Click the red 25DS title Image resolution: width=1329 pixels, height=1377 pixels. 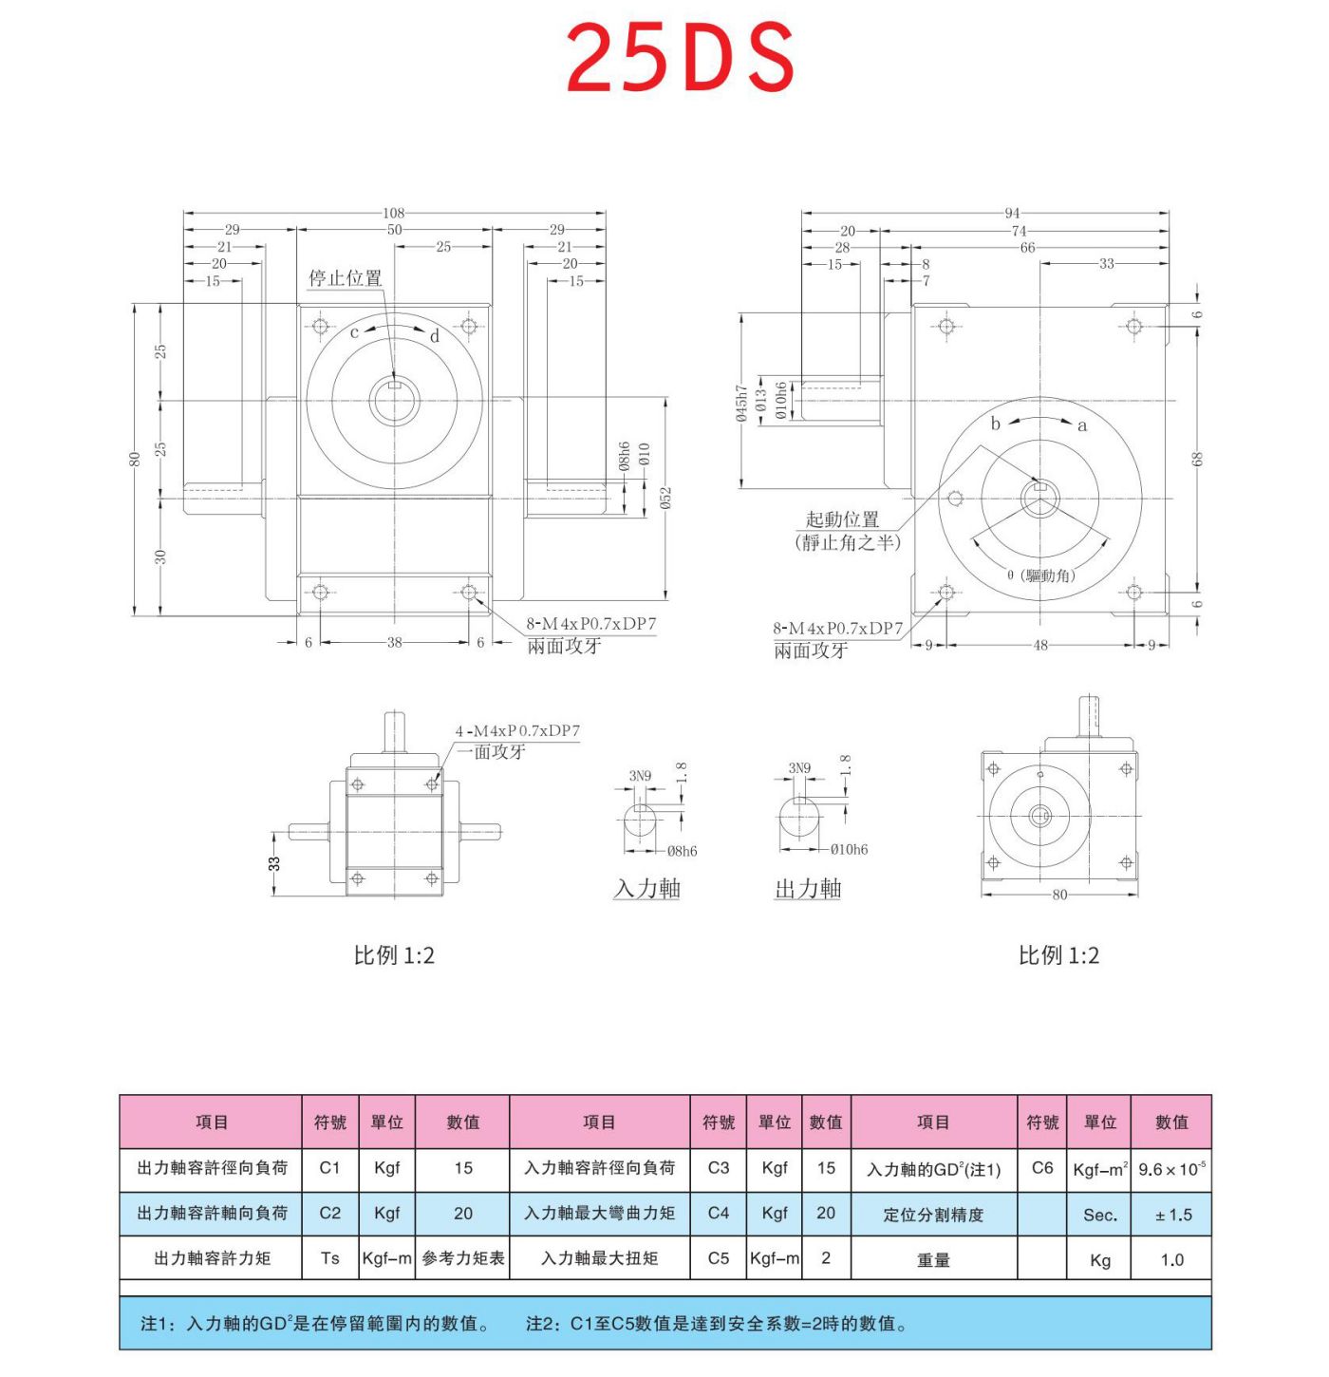[680, 59]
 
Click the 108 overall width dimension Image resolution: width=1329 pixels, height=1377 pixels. [394, 213]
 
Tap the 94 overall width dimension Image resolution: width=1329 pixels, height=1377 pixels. [1012, 213]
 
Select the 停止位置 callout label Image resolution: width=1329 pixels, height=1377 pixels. [345, 277]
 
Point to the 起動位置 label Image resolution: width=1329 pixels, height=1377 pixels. [842, 519]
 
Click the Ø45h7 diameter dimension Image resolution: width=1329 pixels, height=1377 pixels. [740, 403]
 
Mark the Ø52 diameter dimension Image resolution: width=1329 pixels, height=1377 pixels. [665, 498]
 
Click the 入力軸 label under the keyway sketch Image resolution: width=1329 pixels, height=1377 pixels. [646, 889]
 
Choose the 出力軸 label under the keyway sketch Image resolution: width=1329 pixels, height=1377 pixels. [808, 889]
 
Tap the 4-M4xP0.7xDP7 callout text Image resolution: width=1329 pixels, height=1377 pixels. [517, 730]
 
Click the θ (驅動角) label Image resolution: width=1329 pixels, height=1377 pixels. [1041, 575]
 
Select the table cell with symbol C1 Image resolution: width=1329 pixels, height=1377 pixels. [329, 1168]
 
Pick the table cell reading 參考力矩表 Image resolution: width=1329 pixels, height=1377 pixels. [463, 1258]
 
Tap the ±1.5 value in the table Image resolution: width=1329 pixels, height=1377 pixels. [1172, 1215]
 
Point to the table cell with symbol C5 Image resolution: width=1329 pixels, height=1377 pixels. [719, 1258]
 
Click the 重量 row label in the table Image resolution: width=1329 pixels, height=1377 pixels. [933, 1260]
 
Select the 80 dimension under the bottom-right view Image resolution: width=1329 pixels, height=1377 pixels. [1059, 895]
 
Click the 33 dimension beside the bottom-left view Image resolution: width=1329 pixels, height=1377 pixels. [274, 863]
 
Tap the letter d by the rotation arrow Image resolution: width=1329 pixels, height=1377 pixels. [435, 336]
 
